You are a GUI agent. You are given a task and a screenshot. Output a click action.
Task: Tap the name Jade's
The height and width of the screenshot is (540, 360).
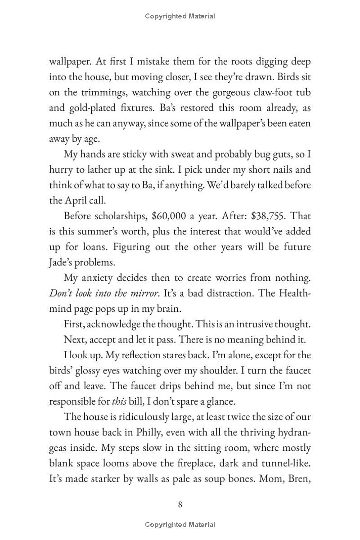tap(62, 262)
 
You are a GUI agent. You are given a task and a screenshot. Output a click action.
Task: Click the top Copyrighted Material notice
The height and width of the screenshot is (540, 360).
tap(180, 16)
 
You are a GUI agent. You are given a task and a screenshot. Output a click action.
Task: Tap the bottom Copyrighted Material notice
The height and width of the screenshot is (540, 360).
tap(180, 525)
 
